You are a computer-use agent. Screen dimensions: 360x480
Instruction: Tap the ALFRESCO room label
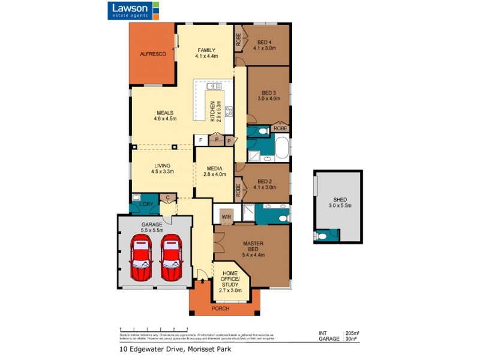152,54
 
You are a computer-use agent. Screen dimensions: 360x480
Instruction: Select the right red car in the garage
170,257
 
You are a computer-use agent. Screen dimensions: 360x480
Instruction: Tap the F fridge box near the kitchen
200,140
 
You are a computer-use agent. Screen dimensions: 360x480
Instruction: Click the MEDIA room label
215,172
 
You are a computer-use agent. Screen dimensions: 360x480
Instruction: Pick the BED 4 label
264,44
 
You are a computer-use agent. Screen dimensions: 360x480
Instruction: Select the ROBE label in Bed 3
280,128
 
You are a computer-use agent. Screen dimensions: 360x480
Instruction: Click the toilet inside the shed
323,236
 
